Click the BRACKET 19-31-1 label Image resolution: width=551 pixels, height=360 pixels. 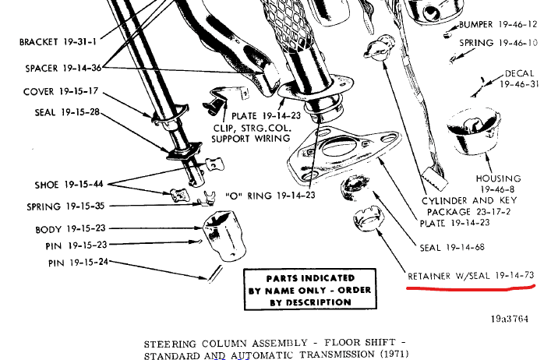point(58,42)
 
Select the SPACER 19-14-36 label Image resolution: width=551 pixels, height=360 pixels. point(63,68)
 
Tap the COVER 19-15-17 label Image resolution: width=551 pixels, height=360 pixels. point(61,91)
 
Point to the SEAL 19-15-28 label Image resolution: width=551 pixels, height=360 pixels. point(67,112)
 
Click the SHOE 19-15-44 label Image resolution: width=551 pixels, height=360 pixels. point(69,185)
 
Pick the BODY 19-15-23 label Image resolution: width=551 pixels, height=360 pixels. point(70,228)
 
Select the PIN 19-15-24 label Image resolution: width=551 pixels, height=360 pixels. point(79,262)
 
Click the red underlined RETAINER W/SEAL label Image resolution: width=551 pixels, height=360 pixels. point(471,275)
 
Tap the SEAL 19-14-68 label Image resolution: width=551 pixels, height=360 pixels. point(452,247)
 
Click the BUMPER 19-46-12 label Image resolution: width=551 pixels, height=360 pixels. point(498,24)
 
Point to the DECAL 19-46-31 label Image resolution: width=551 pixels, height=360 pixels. point(519,79)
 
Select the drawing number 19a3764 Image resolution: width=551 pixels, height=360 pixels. point(510,319)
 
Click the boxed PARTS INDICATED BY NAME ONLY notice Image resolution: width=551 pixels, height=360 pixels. point(310,289)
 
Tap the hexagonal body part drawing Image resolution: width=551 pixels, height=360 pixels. point(224,235)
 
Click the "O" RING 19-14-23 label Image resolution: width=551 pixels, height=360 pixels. point(270,196)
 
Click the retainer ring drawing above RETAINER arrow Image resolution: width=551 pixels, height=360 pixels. point(369,219)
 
